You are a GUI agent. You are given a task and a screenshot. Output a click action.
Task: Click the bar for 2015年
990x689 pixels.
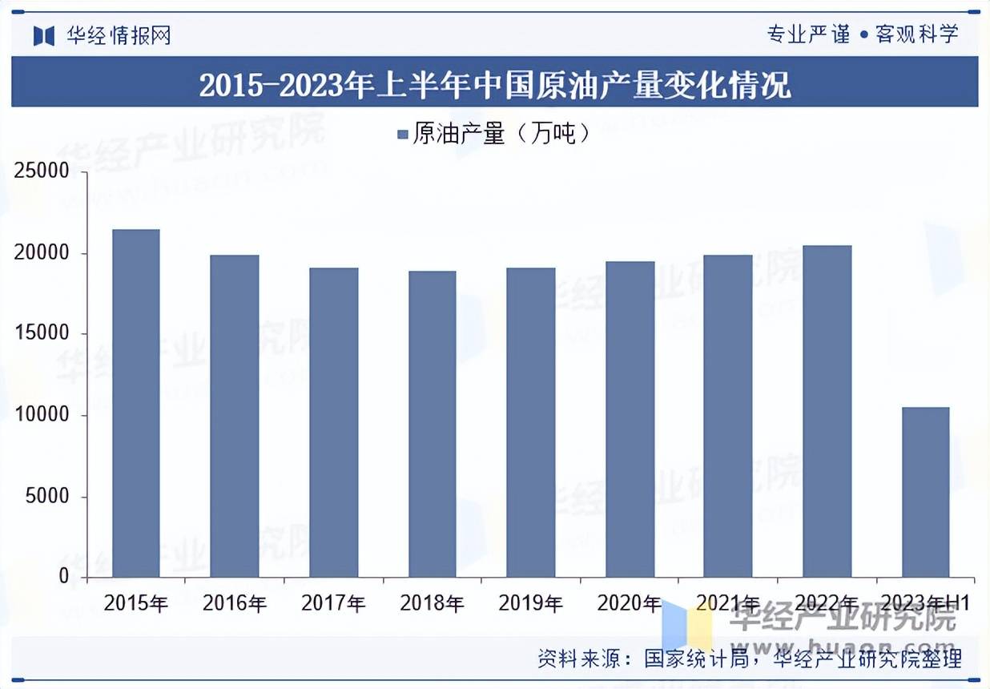(136, 403)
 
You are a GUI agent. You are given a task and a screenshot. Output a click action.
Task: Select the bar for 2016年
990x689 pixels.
(235, 416)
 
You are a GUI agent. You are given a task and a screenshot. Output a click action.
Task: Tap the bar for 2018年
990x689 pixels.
(432, 424)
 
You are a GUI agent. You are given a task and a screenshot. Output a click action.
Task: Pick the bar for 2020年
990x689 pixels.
(630, 419)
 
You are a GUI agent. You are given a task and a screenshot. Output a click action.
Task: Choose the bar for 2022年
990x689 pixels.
(827, 411)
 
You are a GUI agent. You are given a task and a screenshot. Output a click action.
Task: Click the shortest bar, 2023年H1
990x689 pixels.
(925, 492)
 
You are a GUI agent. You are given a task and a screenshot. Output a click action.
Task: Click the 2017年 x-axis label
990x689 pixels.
(333, 603)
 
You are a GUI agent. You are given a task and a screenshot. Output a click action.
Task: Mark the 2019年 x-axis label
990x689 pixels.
(530, 603)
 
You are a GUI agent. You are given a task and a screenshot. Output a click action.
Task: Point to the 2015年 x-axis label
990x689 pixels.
(136, 603)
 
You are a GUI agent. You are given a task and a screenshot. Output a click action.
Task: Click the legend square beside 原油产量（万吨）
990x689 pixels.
(403, 134)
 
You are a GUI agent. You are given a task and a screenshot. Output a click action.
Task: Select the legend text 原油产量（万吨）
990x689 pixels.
(501, 134)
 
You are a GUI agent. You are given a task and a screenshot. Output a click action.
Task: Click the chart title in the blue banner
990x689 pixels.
(494, 84)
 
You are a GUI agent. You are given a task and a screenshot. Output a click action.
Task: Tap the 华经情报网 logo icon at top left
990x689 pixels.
(43, 35)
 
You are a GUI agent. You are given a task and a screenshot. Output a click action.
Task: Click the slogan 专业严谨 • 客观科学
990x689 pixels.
(862, 34)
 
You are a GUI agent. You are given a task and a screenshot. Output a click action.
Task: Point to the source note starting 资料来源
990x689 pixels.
(750, 659)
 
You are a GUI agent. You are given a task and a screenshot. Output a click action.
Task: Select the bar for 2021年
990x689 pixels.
(728, 416)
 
